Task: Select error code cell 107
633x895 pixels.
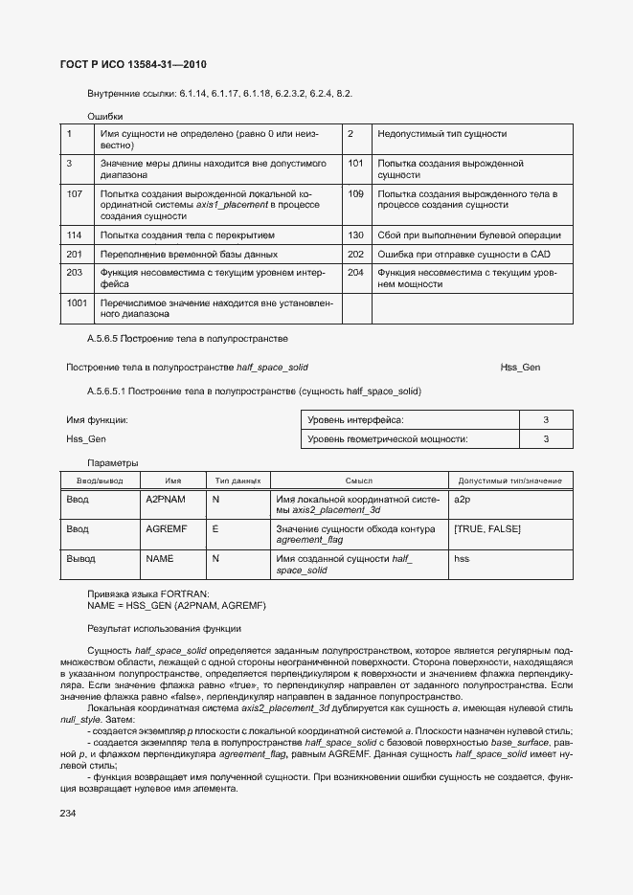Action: point(75,194)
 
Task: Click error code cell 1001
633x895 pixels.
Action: point(77,303)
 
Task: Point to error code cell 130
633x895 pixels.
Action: point(356,235)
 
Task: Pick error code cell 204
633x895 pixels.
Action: point(356,273)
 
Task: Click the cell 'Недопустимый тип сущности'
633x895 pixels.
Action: point(442,134)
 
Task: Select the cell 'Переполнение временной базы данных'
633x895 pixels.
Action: point(189,255)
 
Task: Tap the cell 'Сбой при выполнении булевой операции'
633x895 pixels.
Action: point(468,235)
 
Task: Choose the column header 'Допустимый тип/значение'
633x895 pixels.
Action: point(510,481)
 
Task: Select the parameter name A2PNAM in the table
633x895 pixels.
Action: point(166,500)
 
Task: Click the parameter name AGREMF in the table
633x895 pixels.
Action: point(166,528)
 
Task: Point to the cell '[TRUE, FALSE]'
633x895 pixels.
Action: point(486,528)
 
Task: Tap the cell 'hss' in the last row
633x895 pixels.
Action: point(462,557)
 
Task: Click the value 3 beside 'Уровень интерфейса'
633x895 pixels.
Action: point(546,420)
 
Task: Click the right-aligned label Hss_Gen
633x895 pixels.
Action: point(520,368)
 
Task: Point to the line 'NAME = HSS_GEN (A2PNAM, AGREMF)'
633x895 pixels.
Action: point(176,606)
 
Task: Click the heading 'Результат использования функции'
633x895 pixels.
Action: point(164,629)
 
